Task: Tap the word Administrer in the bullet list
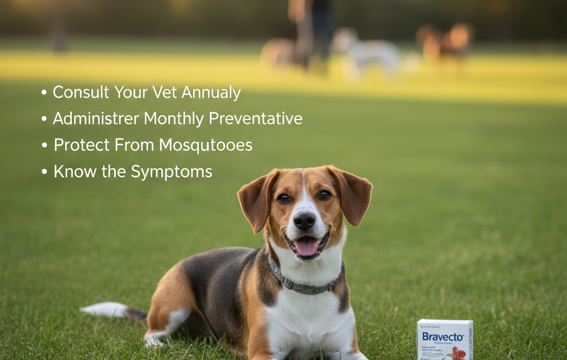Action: point(95,119)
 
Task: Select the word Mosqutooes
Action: point(205,145)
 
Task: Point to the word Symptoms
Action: point(172,172)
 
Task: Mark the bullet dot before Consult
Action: point(44,93)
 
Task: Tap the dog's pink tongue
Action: point(306,246)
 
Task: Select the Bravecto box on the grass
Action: point(445,340)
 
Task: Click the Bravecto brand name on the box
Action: point(442,336)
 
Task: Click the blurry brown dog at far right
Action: point(446,43)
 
